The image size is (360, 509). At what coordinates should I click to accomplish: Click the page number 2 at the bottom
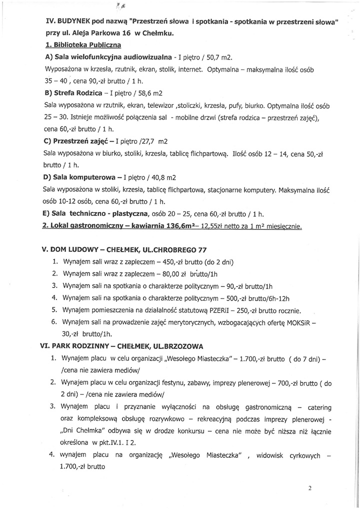310,488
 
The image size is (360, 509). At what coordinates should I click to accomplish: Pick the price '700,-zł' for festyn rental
290,383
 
